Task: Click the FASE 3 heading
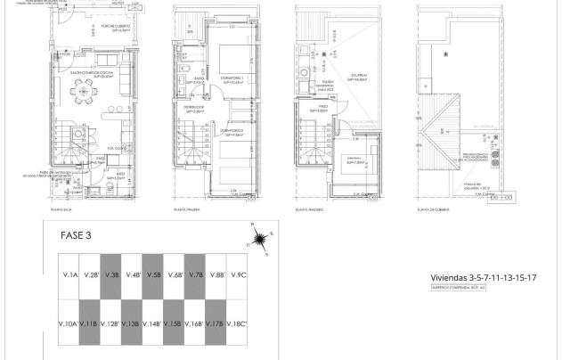[76, 237]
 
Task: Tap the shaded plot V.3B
[110, 275]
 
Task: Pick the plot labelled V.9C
[238, 275]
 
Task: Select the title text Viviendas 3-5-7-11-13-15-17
[481, 278]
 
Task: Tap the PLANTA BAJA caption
[61, 212]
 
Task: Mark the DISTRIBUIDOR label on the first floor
[195, 108]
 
